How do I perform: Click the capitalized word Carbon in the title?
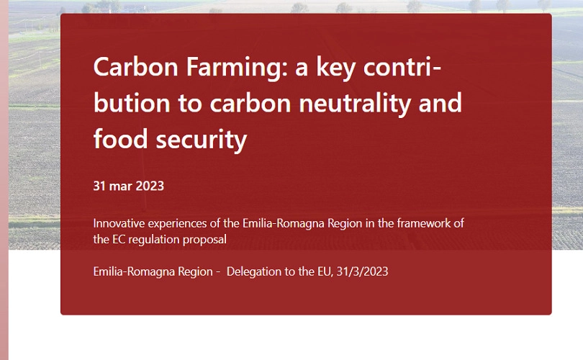coord(136,67)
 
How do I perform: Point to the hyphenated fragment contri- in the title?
coord(402,67)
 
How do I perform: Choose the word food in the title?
coord(120,139)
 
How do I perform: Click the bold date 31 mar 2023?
coord(129,186)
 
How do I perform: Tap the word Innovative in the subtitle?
coord(118,223)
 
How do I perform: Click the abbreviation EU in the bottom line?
coord(325,272)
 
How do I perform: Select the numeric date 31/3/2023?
coord(363,272)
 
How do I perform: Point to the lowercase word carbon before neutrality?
coord(250,103)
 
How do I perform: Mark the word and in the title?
coord(440,103)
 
